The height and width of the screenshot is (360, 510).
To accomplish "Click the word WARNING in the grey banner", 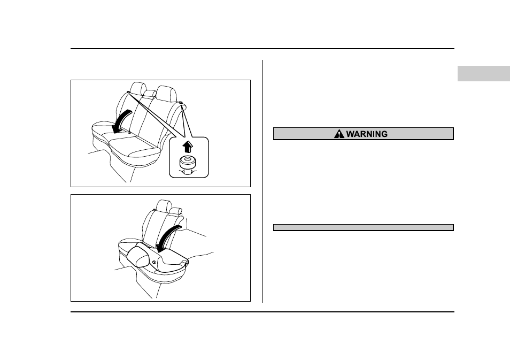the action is [367, 134].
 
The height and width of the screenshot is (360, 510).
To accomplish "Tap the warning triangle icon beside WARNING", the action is [339, 134].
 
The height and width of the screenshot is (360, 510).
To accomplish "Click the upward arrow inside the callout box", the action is [188, 147].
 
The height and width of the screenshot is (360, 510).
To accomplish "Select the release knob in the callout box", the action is [188, 165].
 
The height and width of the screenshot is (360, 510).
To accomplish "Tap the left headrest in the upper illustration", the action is [138, 89].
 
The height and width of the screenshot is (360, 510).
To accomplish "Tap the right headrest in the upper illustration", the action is [166, 93].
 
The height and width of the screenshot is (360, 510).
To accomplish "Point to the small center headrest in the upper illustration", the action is [149, 94].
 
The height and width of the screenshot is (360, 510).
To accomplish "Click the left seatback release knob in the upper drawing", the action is [129, 93].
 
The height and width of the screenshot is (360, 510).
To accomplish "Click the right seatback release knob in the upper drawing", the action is [181, 103].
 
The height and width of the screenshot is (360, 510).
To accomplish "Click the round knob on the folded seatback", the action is [154, 262].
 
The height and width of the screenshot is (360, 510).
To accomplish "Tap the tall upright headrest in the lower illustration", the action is [164, 207].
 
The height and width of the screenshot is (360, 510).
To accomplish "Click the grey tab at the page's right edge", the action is [484, 74].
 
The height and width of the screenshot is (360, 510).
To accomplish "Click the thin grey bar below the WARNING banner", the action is [364, 227].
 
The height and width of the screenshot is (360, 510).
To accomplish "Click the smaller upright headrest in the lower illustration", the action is [176, 211].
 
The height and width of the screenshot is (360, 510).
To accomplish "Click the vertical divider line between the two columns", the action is [263, 181].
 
